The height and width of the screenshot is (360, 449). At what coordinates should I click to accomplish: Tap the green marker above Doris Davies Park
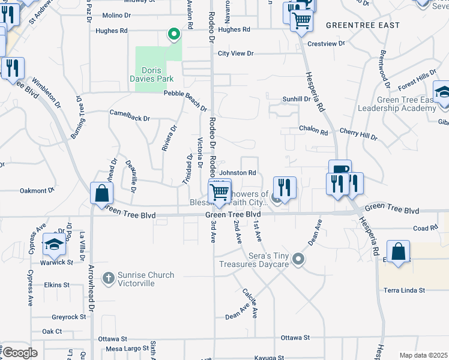coord(174,35)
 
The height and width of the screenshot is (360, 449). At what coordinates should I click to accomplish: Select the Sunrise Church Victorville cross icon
coord(108,277)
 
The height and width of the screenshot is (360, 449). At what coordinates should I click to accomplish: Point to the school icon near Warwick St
coord(54,244)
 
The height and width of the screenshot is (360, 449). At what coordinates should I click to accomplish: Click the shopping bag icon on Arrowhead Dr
coord(102,193)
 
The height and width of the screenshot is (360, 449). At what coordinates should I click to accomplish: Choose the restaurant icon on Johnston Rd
coord(284,187)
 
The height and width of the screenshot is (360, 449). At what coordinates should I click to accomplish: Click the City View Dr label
coord(236,53)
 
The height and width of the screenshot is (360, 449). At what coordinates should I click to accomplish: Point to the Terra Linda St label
coord(405,290)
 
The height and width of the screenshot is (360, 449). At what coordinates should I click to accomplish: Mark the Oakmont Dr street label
coord(37,191)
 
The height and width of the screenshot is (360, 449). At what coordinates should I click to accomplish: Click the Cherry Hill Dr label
coord(358,134)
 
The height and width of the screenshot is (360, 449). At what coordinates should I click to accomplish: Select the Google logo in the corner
coord(20,353)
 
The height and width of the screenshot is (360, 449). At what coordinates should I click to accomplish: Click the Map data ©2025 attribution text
coord(423,355)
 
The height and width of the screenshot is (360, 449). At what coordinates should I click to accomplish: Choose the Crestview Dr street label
coord(327,44)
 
